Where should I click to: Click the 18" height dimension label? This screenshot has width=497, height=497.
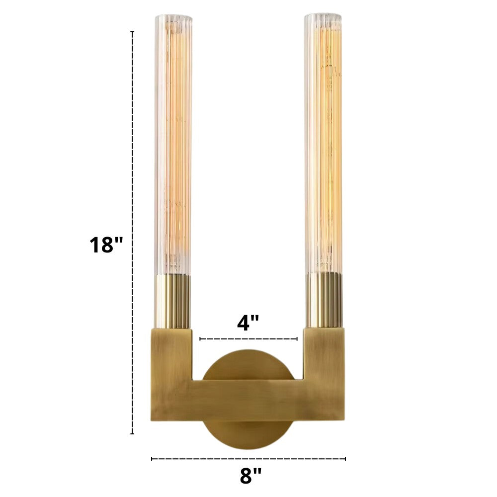tap(105, 245)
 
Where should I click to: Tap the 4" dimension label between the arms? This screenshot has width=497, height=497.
tap(248, 323)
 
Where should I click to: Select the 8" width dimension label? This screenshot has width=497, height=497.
tap(250, 476)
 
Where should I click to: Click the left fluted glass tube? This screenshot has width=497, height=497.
tap(173, 144)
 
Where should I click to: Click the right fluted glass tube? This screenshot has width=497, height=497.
tap(324, 144)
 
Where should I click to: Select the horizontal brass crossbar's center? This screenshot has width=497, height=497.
tap(248, 401)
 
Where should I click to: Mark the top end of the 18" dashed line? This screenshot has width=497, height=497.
tap(132, 32)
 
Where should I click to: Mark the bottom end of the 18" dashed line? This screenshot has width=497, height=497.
tap(132, 434)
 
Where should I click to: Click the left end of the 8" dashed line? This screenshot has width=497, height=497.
tap(152, 459)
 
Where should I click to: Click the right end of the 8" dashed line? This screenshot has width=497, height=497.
tap(345, 459)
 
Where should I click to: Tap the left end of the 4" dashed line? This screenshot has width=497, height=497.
tap(200, 339)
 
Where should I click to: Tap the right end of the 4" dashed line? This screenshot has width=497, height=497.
tap(297, 339)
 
